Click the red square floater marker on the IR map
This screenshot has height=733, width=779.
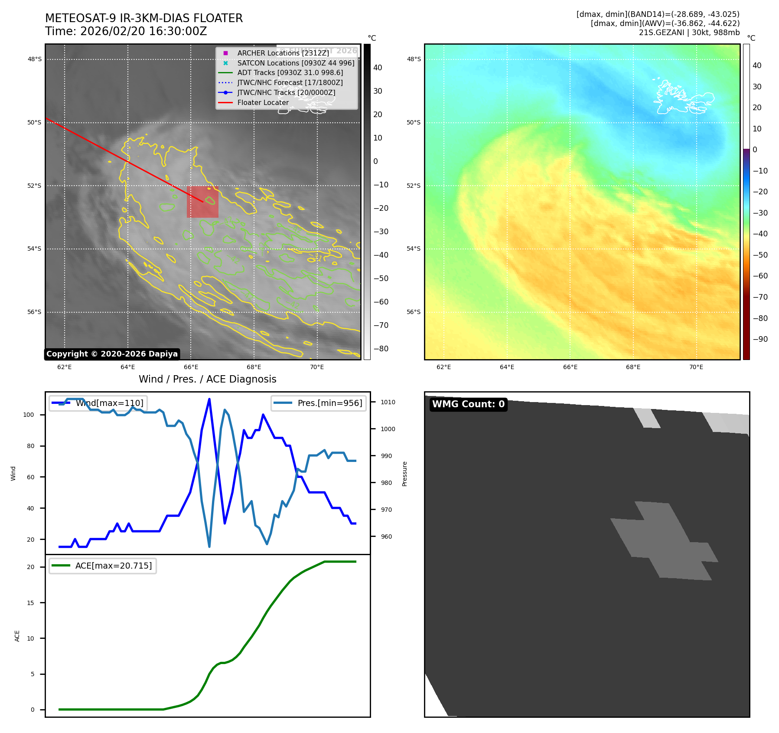point(202,202)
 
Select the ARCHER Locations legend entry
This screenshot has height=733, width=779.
point(283,53)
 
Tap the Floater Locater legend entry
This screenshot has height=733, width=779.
point(263,103)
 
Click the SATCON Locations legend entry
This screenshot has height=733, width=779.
point(295,63)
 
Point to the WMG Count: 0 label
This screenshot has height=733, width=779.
point(468,404)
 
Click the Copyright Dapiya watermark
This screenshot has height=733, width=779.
point(112,354)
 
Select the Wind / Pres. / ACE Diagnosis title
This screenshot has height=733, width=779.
point(207,379)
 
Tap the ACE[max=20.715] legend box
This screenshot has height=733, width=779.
point(103,566)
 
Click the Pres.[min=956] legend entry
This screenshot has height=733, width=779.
point(319,403)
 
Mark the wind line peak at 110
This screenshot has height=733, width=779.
point(209,399)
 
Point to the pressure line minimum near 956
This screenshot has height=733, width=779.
point(209,546)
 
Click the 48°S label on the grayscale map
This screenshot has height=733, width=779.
point(35,59)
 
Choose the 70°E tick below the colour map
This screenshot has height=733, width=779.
point(696,367)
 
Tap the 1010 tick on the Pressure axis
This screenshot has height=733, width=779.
point(388,402)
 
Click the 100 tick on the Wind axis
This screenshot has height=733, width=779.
point(29,415)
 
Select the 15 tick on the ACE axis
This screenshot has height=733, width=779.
point(30,603)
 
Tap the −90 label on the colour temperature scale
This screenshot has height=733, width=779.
point(760,339)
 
